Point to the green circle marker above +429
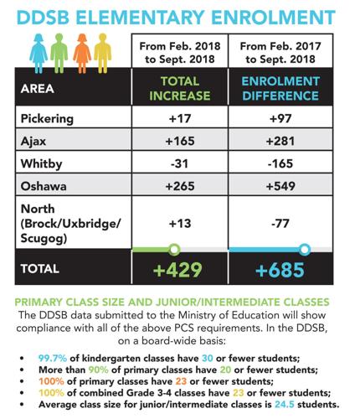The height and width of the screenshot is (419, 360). tap(174, 250)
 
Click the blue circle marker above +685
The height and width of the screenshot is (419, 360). tap(305, 250)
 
